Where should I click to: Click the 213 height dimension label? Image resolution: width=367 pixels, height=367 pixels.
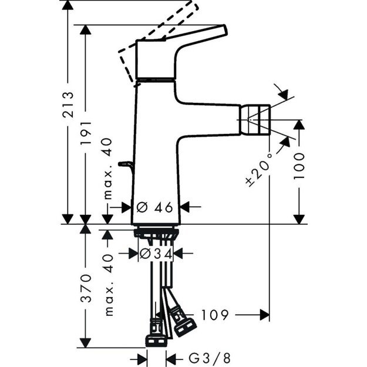coord(69,104)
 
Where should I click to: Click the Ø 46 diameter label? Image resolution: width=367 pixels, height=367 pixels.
coord(155,207)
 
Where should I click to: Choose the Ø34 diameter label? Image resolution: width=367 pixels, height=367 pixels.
coord(155,253)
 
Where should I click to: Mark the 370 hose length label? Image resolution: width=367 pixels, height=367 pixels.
coord(86,287)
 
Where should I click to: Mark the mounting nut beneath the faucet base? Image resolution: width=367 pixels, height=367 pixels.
coord(155,232)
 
